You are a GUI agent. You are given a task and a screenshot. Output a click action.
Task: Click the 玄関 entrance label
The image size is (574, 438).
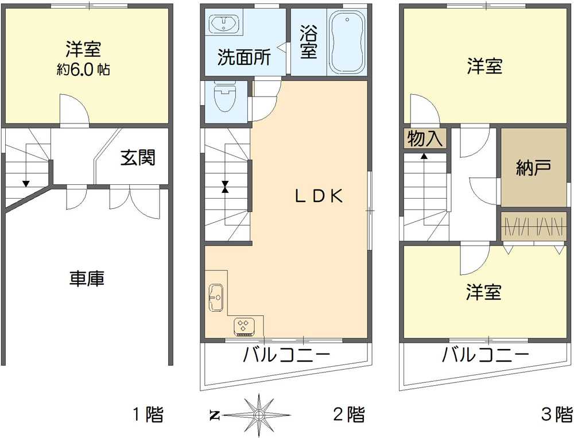(138, 157)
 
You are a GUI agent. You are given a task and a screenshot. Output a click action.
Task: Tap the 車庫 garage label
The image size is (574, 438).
(87, 279)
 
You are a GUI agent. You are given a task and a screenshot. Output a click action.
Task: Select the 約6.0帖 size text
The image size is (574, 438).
(84, 70)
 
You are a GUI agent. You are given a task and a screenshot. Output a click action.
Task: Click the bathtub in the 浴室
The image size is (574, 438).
(347, 42)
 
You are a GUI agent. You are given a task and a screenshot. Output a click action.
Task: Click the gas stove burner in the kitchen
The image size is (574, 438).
(244, 325)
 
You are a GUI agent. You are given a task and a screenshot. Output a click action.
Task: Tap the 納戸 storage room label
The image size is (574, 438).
(533, 168)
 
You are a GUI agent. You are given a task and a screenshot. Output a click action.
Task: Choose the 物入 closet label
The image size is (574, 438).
(425, 138)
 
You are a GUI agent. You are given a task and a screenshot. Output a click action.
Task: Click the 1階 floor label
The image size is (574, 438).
(149, 414)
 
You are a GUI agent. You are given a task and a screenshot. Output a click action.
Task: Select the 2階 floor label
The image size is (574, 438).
(348, 414)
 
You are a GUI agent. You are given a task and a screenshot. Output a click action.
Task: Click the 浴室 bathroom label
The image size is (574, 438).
(308, 42)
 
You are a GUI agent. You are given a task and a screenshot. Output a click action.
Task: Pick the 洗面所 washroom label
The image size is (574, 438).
(244, 57)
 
